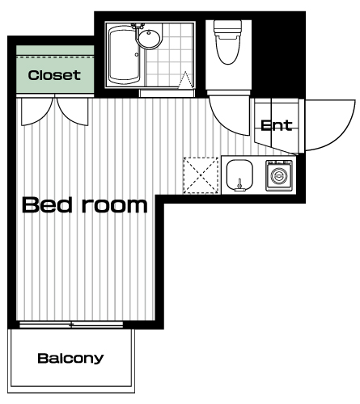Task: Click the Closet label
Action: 54,75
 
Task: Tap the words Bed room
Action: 85,205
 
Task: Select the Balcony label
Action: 70,359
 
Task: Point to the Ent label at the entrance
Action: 277,125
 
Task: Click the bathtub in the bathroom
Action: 125,54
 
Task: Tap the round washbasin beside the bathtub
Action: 149,37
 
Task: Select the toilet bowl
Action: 228,48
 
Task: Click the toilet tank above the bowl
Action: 228,27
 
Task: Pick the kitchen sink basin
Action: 239,175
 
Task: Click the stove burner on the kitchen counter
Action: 279,175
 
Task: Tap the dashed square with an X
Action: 201,175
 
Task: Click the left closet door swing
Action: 36,112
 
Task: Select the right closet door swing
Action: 72,112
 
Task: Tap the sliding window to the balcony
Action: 71,325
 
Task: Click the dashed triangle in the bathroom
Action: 185,80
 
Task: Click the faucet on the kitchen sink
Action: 239,186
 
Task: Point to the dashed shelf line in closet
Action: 55,57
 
